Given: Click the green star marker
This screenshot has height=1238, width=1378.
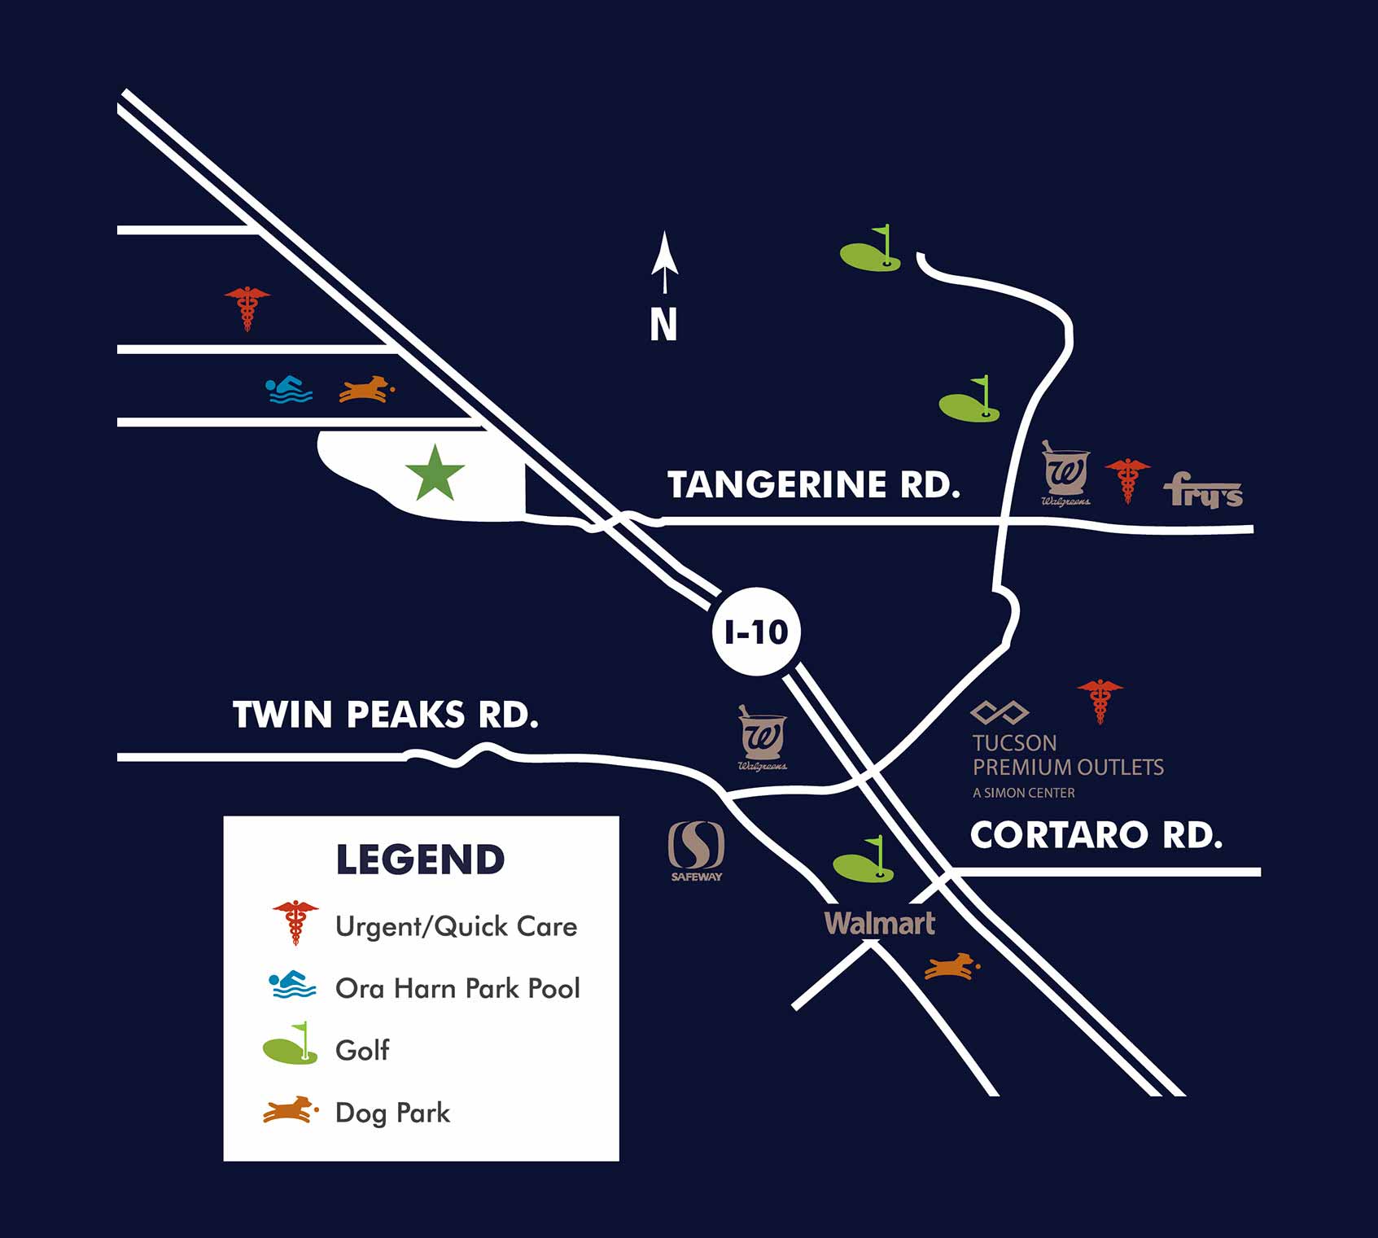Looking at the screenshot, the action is click(x=435, y=474).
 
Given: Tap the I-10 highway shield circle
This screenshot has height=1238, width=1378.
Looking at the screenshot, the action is click(x=756, y=632).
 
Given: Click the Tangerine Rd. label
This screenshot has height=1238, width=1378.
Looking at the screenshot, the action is click(x=813, y=484).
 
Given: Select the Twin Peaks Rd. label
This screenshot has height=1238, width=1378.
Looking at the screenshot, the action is click(x=385, y=715).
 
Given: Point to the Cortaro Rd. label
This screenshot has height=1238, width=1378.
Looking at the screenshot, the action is click(x=1096, y=835).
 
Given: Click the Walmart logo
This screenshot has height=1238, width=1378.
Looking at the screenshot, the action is click(x=879, y=923).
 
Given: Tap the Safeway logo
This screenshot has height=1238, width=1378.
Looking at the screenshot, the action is click(x=696, y=851).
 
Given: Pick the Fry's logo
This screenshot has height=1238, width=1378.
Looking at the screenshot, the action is click(x=1202, y=490).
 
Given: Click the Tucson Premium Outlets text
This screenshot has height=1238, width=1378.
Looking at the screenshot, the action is click(x=1067, y=755).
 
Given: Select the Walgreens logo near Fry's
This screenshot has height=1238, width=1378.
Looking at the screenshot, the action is click(x=1065, y=472).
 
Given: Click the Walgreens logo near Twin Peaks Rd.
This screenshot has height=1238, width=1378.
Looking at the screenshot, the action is click(x=762, y=737).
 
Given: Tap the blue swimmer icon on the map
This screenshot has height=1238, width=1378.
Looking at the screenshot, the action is click(x=289, y=390).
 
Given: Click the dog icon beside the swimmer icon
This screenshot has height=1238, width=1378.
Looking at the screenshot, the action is click(x=366, y=389).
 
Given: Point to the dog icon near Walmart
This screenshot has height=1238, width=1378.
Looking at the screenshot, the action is click(x=951, y=966).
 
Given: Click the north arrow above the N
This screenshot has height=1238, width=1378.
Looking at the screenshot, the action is click(x=664, y=261).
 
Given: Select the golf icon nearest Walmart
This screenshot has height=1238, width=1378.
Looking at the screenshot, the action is click(x=864, y=861).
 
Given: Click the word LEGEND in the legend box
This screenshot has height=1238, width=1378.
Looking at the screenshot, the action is click(x=420, y=860).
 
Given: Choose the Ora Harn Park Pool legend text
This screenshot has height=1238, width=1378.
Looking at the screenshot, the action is click(x=457, y=988).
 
